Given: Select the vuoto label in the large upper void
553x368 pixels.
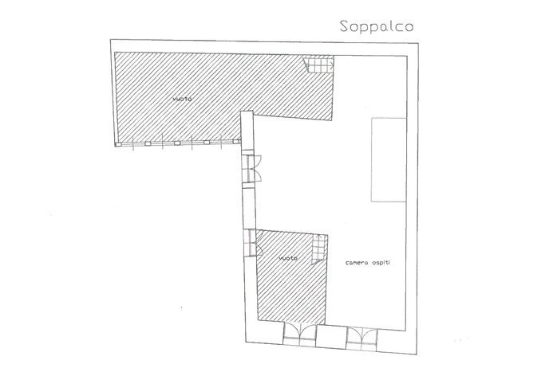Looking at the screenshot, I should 183,99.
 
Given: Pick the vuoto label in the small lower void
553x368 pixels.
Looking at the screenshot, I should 288,258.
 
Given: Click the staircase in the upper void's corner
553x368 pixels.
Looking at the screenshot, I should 318,65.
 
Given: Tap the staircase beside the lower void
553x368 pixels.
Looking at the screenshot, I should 318,248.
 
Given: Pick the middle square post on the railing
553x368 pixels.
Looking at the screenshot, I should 177,143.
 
